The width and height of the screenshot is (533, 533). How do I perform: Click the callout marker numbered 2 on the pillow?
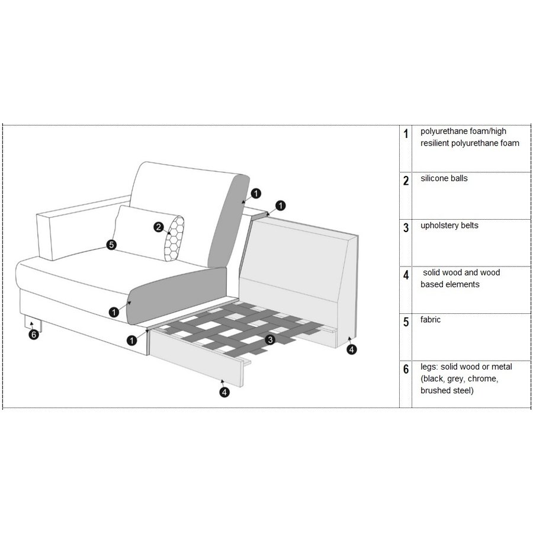(158, 227)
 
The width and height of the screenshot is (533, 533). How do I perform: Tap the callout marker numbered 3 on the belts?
(270, 340)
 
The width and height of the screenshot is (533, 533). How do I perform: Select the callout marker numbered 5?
(111, 244)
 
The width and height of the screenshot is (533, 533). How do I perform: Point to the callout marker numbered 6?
(34, 335)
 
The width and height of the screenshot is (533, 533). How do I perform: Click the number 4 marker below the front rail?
(224, 391)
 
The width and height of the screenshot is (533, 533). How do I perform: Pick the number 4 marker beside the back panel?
(352, 349)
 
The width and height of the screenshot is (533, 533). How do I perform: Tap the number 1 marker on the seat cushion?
(113, 311)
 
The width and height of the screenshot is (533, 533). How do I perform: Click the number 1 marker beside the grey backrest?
(255, 193)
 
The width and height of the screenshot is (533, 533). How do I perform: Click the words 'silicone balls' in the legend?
(444, 178)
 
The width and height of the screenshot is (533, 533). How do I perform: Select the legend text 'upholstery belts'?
(449, 226)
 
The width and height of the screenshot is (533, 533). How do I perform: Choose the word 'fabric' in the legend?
(431, 320)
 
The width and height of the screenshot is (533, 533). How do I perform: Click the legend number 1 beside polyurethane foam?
(406, 134)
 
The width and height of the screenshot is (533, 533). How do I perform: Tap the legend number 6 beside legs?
(406, 370)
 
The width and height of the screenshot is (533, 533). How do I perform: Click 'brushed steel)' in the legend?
(447, 391)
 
